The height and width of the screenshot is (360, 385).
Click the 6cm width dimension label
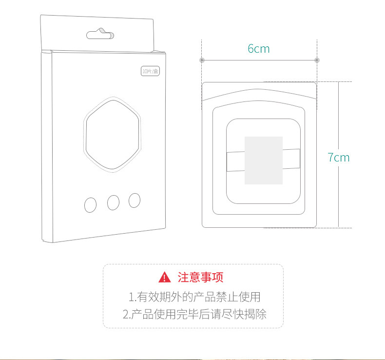pyautogui.click(x=258, y=49)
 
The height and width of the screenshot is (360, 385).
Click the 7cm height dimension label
pyautogui.click(x=339, y=157)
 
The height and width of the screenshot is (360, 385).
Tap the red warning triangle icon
pyautogui.click(x=165, y=278)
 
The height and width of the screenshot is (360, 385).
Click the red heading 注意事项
pyautogui.click(x=200, y=278)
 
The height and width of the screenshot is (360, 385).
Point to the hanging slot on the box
pyautogui.click(x=100, y=34)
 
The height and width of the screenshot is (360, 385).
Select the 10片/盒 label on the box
pyautogui.click(x=151, y=71)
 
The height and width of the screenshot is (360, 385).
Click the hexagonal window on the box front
pyautogui.click(x=112, y=134)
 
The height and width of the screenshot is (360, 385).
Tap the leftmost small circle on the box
pyautogui.click(x=91, y=205)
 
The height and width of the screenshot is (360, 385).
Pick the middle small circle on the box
pyautogui.click(x=113, y=202)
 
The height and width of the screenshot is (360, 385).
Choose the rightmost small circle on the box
pyautogui.click(x=135, y=200)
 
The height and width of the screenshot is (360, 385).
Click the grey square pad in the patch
pyautogui.click(x=264, y=160)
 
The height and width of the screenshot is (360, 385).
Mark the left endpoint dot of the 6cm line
pyautogui.click(x=201, y=60)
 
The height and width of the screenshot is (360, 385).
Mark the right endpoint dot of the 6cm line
pyautogui.click(x=317, y=60)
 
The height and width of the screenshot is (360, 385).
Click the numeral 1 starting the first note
pyautogui.click(x=131, y=297)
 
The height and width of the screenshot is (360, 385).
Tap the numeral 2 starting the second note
pyautogui.click(x=126, y=314)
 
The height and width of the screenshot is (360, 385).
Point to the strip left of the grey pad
pyautogui.click(x=235, y=161)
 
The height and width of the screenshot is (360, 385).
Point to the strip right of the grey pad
pyautogui.click(x=291, y=159)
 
